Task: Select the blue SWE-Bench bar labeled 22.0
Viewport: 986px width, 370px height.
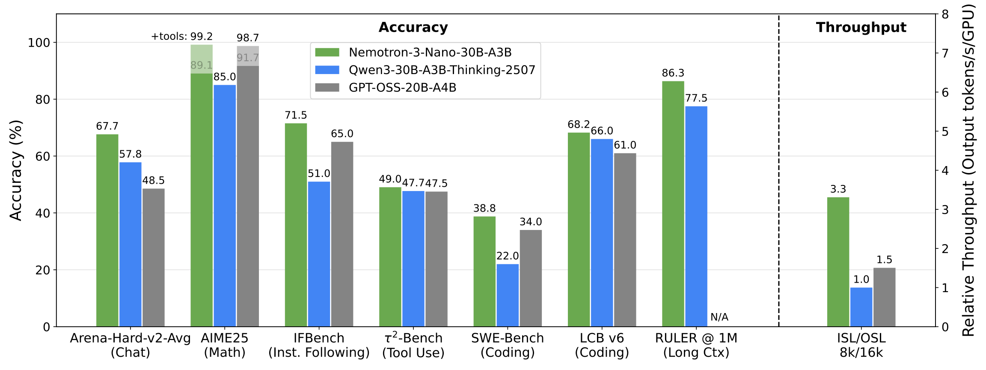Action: [x=508, y=295]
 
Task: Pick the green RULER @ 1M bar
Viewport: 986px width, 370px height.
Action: [x=673, y=204]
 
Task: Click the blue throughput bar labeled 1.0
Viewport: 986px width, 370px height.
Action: [x=861, y=307]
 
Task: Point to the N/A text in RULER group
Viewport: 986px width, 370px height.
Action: [x=719, y=317]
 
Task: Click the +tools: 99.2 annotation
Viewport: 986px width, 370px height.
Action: [x=182, y=36]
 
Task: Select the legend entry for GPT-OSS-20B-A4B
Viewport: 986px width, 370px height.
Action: [x=402, y=88]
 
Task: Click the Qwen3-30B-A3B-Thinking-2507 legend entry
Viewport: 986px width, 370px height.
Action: [x=442, y=70]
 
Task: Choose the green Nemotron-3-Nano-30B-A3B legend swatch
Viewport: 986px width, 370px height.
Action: [x=327, y=53]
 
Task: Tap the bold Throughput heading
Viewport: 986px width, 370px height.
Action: [x=861, y=27]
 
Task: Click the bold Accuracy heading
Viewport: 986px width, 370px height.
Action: [x=413, y=27]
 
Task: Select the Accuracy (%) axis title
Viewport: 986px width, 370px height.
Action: [x=16, y=170]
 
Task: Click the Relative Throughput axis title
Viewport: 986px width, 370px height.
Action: [x=968, y=170]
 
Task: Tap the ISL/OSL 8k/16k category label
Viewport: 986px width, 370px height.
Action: [x=861, y=345]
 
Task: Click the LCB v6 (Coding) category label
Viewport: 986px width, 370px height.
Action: [x=602, y=345]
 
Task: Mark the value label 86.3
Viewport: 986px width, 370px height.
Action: [x=673, y=73]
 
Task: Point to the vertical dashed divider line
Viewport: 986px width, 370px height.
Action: [x=779, y=171]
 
